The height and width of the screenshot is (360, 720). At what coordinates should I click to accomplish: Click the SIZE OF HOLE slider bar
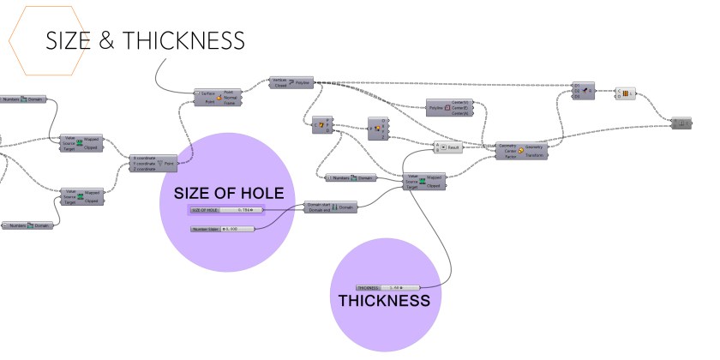pos(227,208)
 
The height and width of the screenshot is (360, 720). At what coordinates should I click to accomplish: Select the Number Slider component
pos(225,229)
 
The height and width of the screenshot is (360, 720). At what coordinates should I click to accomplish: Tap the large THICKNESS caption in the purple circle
pos(383,302)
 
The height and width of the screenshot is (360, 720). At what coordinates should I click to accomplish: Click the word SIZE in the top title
pos(67,40)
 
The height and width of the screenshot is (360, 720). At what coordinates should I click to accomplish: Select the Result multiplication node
pos(448,147)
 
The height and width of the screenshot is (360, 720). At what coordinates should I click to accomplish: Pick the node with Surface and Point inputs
pos(218,97)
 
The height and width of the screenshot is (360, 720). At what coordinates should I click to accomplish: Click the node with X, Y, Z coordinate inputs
pos(153,163)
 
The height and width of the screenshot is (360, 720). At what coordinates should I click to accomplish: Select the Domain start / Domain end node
pos(329,207)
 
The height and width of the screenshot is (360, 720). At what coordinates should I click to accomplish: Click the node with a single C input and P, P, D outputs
pos(321,125)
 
